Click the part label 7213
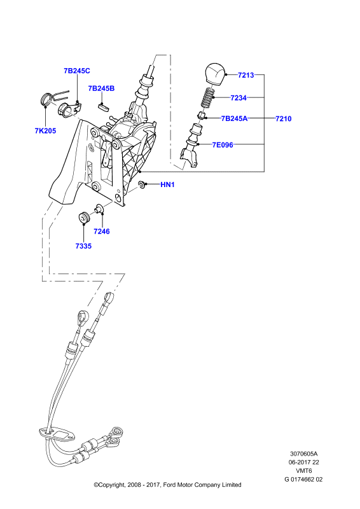(x=246, y=75)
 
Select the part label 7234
(x=239, y=98)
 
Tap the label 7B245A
(x=234, y=119)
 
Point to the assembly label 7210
(x=284, y=119)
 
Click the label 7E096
(x=223, y=145)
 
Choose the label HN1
(x=167, y=185)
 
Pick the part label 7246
(x=102, y=232)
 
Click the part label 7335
(x=83, y=246)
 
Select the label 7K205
(x=45, y=131)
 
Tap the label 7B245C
(x=77, y=71)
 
